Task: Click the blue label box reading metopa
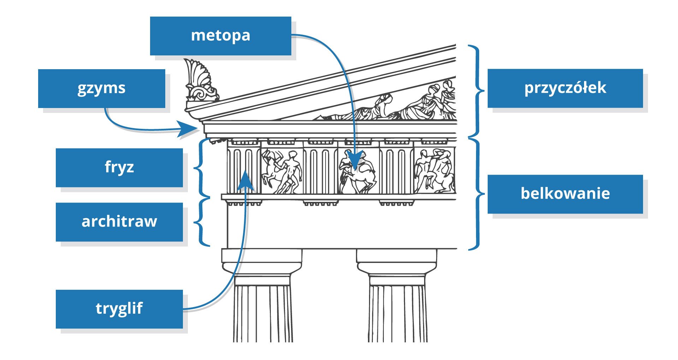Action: pyautogui.click(x=220, y=36)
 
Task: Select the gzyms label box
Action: pyautogui.click(x=101, y=88)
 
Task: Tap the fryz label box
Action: pyautogui.click(x=119, y=167)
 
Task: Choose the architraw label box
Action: pyautogui.click(x=119, y=222)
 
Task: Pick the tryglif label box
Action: pyautogui.click(x=119, y=309)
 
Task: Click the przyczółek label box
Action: pyautogui.click(x=565, y=88)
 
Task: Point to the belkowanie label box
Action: pyautogui.click(x=565, y=194)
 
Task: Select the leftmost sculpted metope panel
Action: pyautogui.click(x=281, y=171)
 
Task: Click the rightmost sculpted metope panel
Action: pyautogui.click(x=435, y=171)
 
